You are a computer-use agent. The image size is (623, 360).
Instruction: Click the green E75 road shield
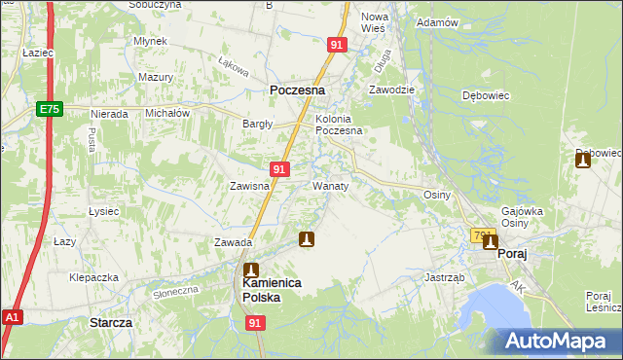click(51, 111)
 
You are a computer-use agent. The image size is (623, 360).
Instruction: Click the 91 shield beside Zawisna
click(279, 169)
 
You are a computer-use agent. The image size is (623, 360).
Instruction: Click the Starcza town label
click(111, 321)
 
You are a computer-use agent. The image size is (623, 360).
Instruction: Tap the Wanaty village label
click(331, 184)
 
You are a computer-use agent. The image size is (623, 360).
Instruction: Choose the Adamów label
click(436, 22)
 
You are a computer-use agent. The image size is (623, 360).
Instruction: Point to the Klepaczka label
click(93, 277)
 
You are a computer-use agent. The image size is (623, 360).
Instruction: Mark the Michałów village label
click(166, 113)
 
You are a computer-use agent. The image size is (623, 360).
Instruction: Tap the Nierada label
click(109, 114)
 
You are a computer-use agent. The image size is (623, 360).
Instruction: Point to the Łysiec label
click(103, 211)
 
